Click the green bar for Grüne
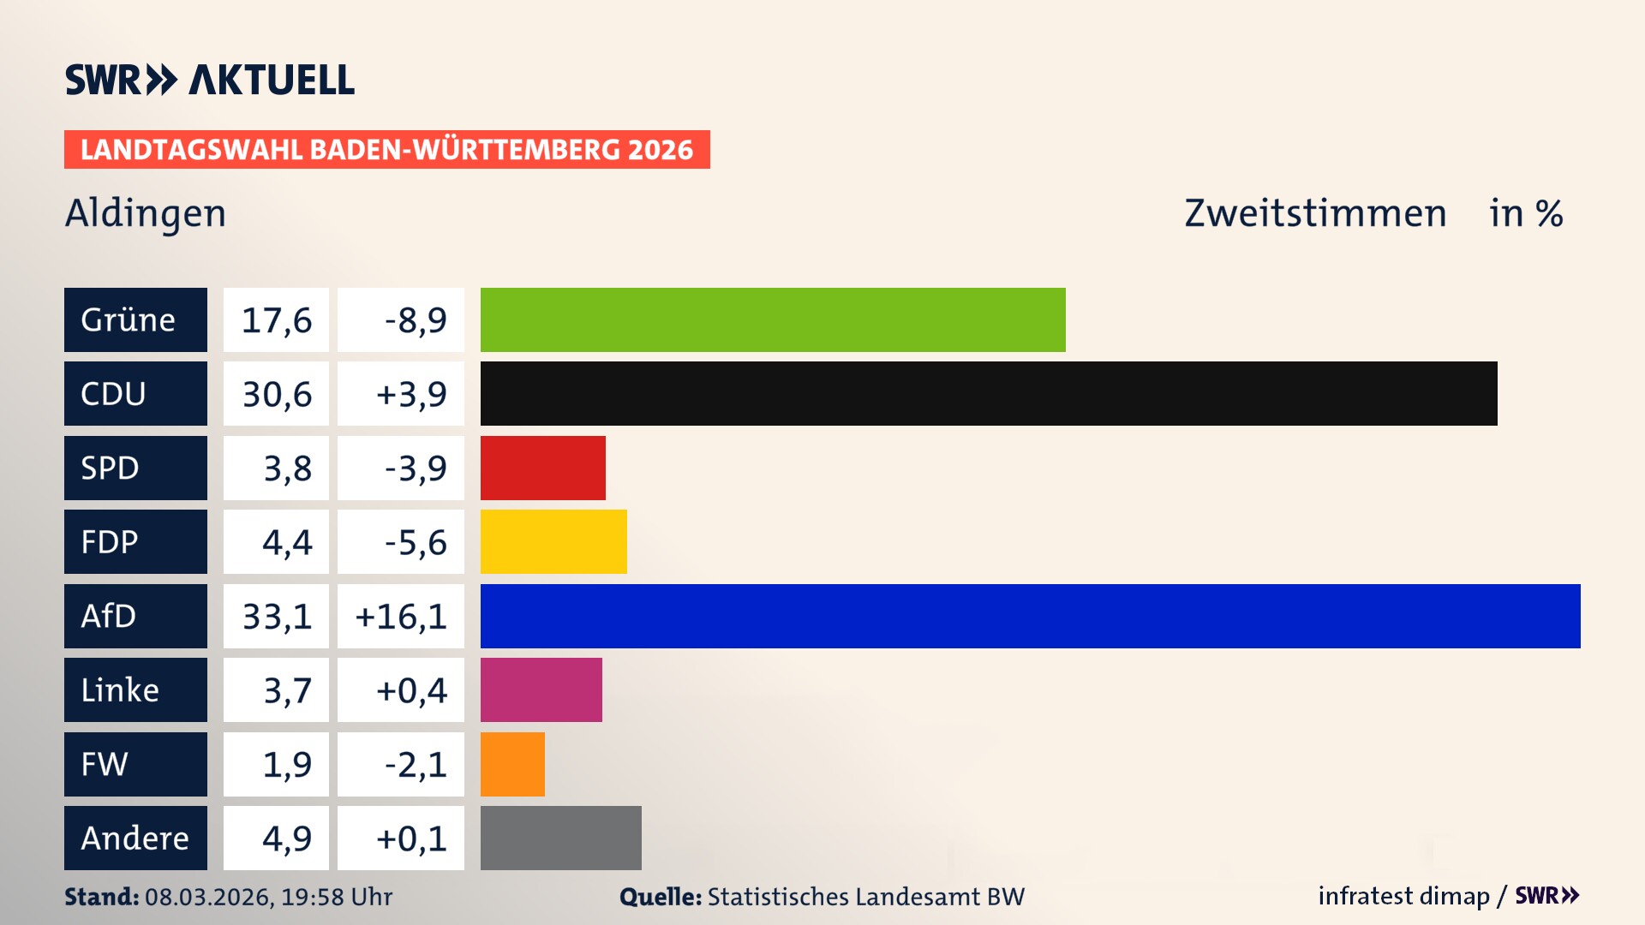(773, 319)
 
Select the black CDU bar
(989, 393)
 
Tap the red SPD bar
(543, 468)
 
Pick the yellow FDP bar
(553, 541)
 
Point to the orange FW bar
(512, 764)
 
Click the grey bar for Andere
(561, 838)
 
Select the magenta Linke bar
(541, 689)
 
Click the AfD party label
(135, 616)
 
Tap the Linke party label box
(135, 689)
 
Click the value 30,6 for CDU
(276, 394)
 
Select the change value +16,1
(401, 617)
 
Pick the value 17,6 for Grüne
(276, 320)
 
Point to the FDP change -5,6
(416, 542)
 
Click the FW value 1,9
(287, 764)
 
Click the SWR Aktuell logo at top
(210, 80)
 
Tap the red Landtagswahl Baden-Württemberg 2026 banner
(386, 150)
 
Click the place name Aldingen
(146, 213)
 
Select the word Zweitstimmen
(1315, 213)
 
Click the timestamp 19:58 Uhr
(337, 897)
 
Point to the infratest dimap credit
(1403, 896)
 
